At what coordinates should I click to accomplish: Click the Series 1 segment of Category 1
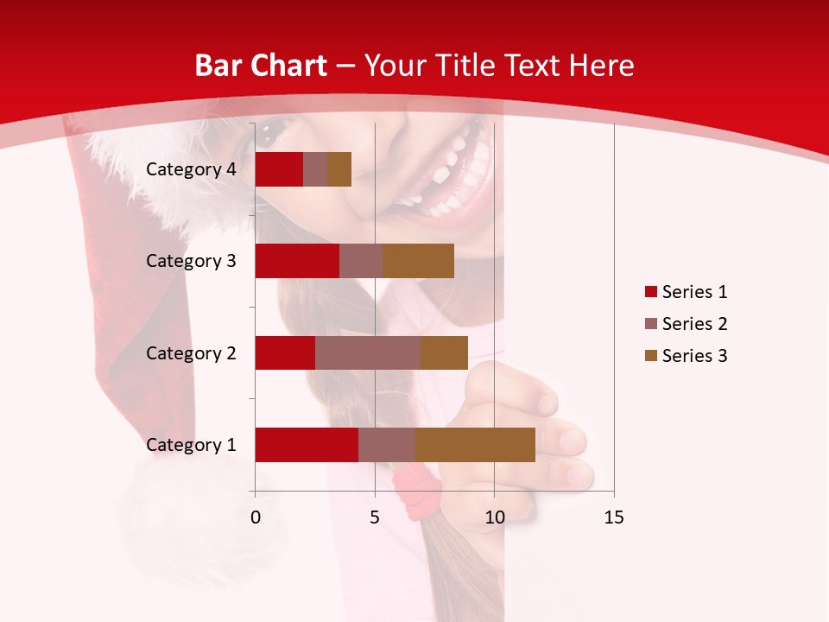point(307,444)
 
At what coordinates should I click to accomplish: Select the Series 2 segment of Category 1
point(387,444)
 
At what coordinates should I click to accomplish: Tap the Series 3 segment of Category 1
point(475,444)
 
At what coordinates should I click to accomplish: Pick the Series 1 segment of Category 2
point(285,352)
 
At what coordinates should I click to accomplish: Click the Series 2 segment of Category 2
point(368,352)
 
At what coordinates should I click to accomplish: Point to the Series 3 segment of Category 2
point(444,352)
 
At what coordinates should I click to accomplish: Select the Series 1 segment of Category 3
point(297,261)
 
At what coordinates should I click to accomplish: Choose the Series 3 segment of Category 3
point(418,261)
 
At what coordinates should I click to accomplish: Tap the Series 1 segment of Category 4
point(279,169)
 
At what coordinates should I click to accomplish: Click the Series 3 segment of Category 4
point(339,169)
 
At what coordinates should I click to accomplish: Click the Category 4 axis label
point(191,169)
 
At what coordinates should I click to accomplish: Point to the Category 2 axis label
point(191,352)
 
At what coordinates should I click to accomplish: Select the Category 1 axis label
point(191,445)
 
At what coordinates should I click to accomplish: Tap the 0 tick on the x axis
point(256,517)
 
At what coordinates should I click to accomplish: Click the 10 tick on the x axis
point(494,517)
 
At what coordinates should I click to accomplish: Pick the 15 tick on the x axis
point(613,517)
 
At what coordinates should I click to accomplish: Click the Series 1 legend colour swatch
point(650,292)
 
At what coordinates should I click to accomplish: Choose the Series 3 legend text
point(694,356)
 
